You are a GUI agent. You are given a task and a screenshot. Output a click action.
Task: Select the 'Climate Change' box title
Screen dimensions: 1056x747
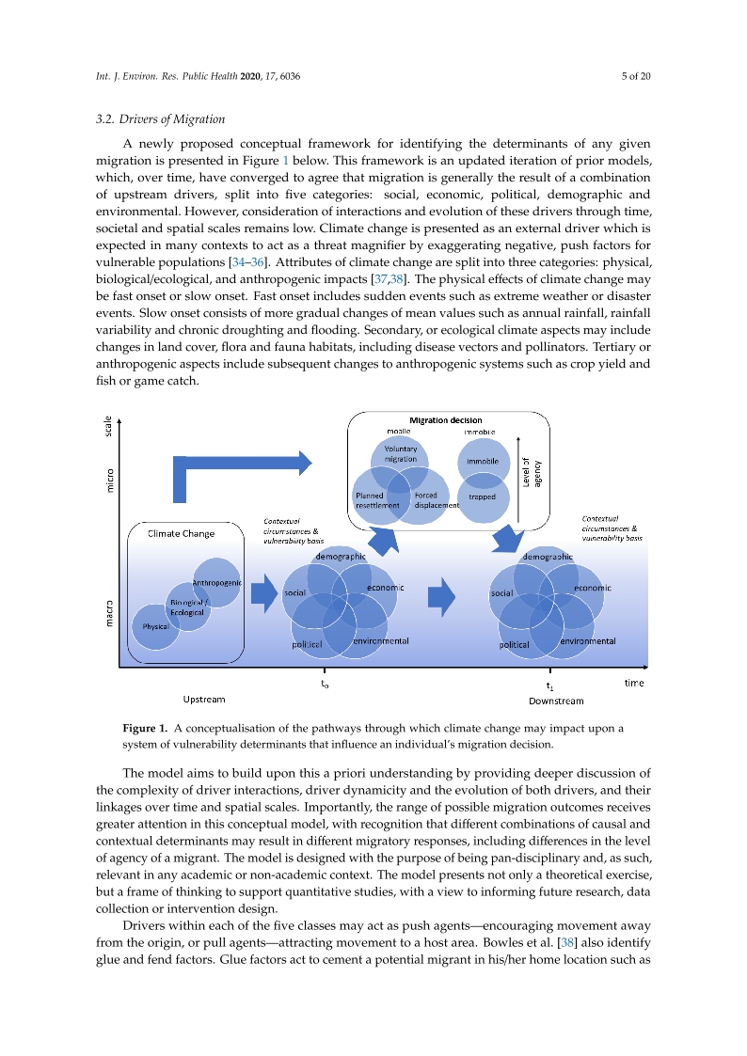click(181, 533)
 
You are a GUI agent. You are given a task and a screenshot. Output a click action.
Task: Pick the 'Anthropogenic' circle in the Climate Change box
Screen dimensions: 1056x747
click(217, 583)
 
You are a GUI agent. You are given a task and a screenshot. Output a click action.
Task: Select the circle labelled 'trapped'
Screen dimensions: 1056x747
click(483, 496)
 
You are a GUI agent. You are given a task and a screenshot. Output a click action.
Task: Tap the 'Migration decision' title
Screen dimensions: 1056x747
click(445, 419)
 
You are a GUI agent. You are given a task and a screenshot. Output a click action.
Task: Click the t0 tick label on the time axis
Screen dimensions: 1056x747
click(325, 685)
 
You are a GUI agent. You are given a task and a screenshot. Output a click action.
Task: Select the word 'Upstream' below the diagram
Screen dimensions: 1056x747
click(204, 700)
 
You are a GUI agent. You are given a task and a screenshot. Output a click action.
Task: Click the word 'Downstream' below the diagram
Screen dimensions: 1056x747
click(556, 701)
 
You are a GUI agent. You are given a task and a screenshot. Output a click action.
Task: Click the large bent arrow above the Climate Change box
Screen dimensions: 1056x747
click(235, 465)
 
